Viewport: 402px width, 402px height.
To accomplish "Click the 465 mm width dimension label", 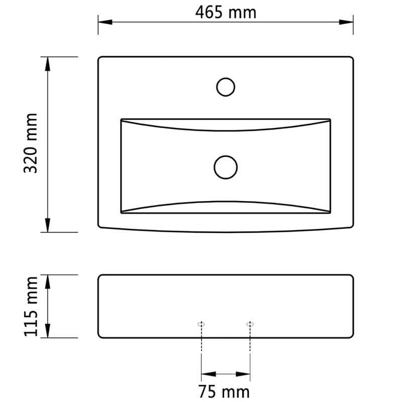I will pyautogui.click(x=226, y=12).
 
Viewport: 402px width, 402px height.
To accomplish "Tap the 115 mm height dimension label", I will pyautogui.click(x=31, y=306).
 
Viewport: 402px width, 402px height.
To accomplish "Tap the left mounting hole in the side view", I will pyautogui.click(x=201, y=324).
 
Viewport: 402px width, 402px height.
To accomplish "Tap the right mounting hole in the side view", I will pyautogui.click(x=250, y=324).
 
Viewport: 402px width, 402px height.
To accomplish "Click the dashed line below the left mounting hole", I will pyautogui.click(x=201, y=347).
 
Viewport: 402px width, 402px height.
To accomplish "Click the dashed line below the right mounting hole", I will pyautogui.click(x=250, y=347).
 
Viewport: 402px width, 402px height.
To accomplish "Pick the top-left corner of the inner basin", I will pyautogui.click(x=122, y=120).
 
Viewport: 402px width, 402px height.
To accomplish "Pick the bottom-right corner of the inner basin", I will pyautogui.click(x=330, y=213).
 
